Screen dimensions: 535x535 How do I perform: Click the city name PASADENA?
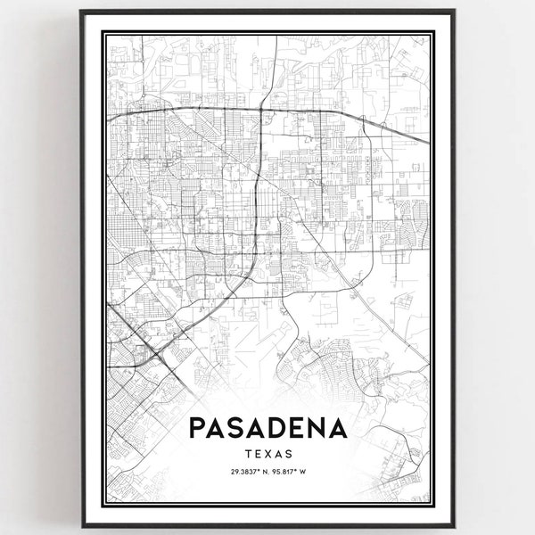click(x=267, y=429)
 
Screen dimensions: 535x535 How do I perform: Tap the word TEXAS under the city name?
click(x=267, y=455)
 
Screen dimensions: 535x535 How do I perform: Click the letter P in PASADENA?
click(x=198, y=429)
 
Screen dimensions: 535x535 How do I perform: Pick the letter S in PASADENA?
click(x=238, y=429)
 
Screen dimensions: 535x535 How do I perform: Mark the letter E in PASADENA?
click(x=298, y=429)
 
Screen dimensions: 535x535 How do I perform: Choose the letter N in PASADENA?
click(x=317, y=429)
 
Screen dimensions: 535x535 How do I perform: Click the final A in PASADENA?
click(x=338, y=429)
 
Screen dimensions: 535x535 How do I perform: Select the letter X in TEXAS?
click(x=267, y=455)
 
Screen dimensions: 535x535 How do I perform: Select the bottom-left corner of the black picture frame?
click(x=80, y=525)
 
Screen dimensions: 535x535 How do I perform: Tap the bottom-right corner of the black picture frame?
click(x=455, y=525)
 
